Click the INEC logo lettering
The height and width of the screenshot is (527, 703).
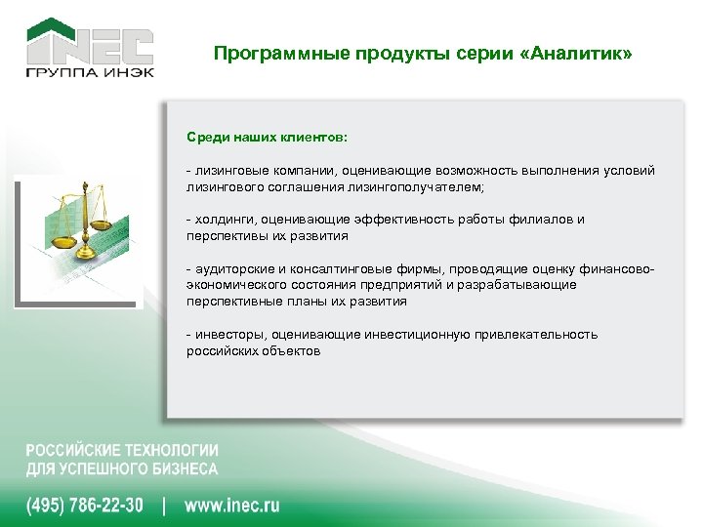click(x=89, y=47)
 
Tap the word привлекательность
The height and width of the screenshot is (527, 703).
click(x=536, y=335)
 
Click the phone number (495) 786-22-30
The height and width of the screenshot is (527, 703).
click(x=84, y=506)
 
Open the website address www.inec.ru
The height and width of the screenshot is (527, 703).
click(x=232, y=506)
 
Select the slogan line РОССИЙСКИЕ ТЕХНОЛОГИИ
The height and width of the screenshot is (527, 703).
click(x=122, y=451)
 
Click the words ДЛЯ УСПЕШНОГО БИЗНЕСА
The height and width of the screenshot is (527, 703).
click(x=122, y=468)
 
